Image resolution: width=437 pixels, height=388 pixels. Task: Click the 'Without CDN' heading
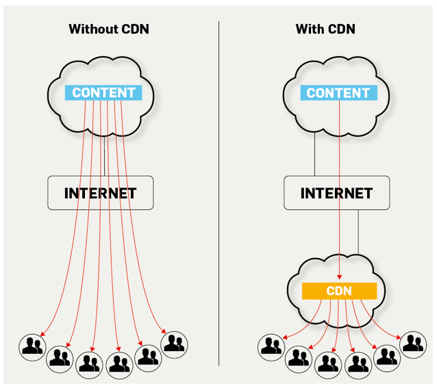click(108, 29)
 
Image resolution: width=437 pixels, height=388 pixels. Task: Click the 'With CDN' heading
click(325, 29)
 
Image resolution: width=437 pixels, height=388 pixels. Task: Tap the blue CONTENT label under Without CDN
click(103, 92)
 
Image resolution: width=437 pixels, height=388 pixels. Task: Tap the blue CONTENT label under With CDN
click(338, 92)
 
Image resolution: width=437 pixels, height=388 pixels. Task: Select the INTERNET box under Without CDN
click(100, 193)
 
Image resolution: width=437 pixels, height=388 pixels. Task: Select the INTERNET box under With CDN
click(336, 193)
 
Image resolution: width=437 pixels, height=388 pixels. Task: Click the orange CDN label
click(339, 291)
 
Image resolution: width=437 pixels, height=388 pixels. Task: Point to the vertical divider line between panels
click(219, 192)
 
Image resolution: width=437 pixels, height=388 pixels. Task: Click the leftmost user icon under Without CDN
click(32, 346)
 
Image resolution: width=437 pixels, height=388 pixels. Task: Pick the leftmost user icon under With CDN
click(271, 346)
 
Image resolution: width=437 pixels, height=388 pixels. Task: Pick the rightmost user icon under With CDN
click(413, 344)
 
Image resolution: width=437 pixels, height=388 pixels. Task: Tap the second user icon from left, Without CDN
click(60, 356)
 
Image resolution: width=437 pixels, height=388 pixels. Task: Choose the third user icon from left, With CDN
click(328, 364)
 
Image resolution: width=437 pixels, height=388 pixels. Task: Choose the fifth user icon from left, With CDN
click(387, 355)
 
